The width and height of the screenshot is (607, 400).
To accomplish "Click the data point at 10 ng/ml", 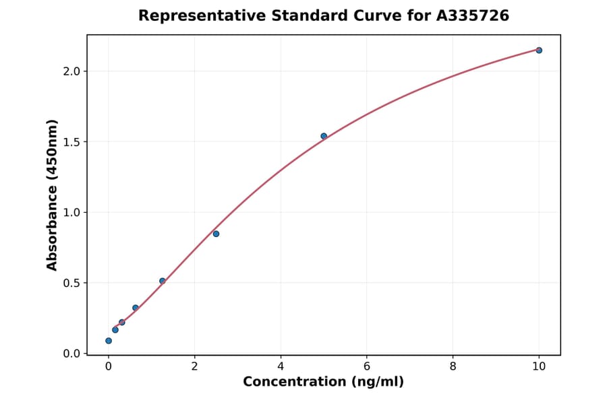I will tap(539, 50).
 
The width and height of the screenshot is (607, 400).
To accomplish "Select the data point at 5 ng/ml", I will tap(324, 136).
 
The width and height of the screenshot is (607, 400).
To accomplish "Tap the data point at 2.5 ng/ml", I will tap(216, 234).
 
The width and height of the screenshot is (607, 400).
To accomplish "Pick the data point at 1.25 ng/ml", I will tap(163, 281).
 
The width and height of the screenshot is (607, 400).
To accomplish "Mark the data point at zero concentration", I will tap(109, 341).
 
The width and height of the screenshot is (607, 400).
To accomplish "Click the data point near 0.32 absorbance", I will tap(136, 308).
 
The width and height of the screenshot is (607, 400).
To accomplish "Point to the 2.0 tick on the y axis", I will tap(71, 71).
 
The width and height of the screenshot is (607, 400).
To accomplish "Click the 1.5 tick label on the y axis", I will tap(71, 142).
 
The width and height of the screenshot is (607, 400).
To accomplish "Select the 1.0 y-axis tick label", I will tap(71, 213).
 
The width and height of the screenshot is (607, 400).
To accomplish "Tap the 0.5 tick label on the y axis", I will tap(71, 283).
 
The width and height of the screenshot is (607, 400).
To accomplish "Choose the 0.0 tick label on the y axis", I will tap(71, 354).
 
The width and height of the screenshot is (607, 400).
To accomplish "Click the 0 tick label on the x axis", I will tap(109, 366).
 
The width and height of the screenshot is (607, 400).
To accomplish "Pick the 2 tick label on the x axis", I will tap(194, 366).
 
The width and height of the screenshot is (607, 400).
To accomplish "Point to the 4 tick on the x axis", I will tap(281, 366).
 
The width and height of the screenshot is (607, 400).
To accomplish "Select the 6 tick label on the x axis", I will tap(367, 366).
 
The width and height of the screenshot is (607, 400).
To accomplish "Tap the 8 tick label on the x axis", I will tap(453, 366).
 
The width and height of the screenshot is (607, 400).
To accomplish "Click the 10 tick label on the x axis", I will tap(539, 366).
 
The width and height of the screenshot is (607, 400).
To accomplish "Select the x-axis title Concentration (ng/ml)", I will tap(323, 382).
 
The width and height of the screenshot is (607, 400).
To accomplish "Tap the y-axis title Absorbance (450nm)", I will tap(53, 195).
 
